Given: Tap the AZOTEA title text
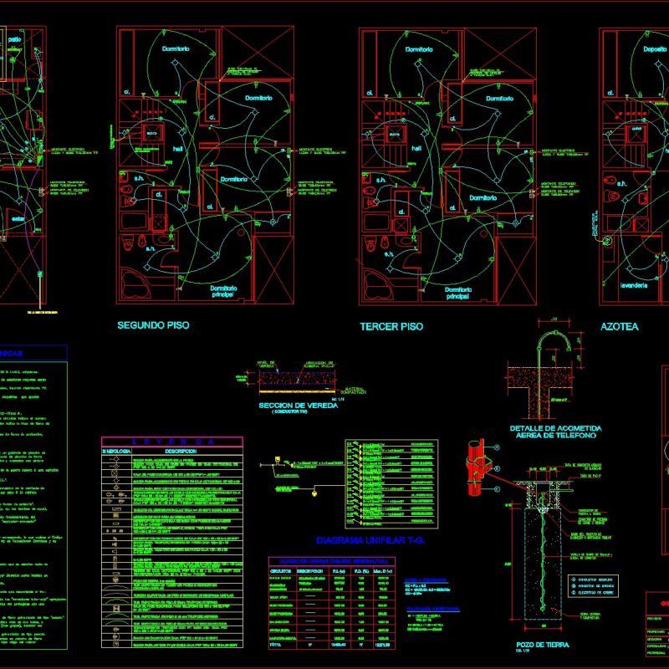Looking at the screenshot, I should pyautogui.click(x=619, y=326).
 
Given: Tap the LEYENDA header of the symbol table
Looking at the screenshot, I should pyautogui.click(x=171, y=441).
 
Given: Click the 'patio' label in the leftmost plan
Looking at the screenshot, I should pyautogui.click(x=14, y=39).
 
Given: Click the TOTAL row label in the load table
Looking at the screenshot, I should pyautogui.click(x=280, y=645).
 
